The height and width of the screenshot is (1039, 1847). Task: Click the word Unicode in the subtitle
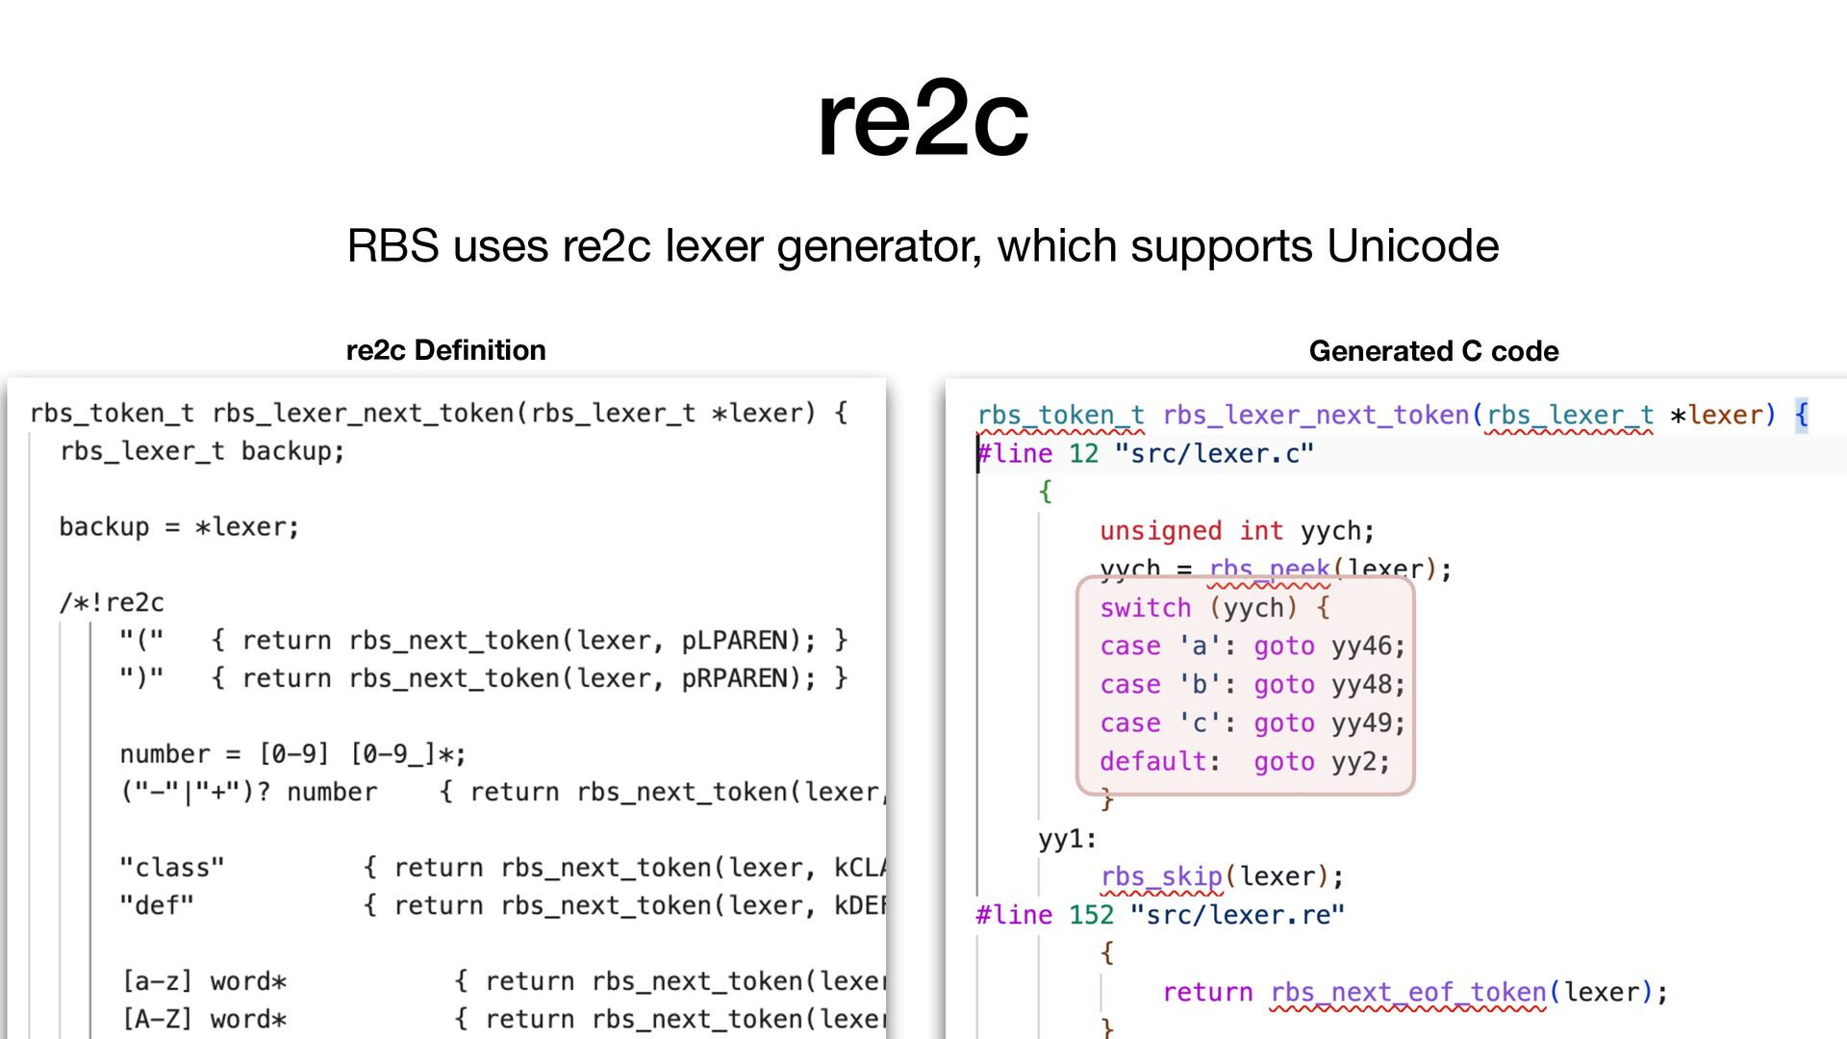pyautogui.click(x=1412, y=246)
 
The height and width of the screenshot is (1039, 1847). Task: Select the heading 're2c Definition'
pyautogui.click(x=445, y=350)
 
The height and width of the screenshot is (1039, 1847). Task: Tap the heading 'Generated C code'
pyautogui.click(x=1433, y=351)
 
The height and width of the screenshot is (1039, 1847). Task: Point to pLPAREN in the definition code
pyautogui.click(x=735, y=641)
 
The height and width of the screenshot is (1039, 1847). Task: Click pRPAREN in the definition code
pyautogui.click(x=741, y=678)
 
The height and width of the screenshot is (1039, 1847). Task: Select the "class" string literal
pyautogui.click(x=171, y=868)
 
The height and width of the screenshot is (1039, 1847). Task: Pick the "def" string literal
pyautogui.click(x=156, y=905)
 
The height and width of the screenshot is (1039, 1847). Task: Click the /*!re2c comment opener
pyautogui.click(x=112, y=603)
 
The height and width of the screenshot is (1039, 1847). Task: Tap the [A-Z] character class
pyautogui.click(x=157, y=1019)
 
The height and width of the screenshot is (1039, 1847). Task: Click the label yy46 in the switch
pyautogui.click(x=1367, y=646)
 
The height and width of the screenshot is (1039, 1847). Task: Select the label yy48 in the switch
pyautogui.click(x=1367, y=685)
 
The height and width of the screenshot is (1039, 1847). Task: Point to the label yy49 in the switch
pyautogui.click(x=1367, y=723)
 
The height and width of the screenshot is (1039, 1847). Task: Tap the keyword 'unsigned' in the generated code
pyautogui.click(x=1160, y=531)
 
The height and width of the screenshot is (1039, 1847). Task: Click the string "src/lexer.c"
pyautogui.click(x=1213, y=454)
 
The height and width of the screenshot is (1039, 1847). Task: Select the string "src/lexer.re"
pyautogui.click(x=1236, y=915)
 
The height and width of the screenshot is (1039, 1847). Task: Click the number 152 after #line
pyautogui.click(x=1091, y=915)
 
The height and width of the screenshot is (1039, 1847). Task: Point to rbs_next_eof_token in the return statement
pyautogui.click(x=1407, y=992)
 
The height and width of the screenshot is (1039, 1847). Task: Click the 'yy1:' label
pyautogui.click(x=1067, y=839)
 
